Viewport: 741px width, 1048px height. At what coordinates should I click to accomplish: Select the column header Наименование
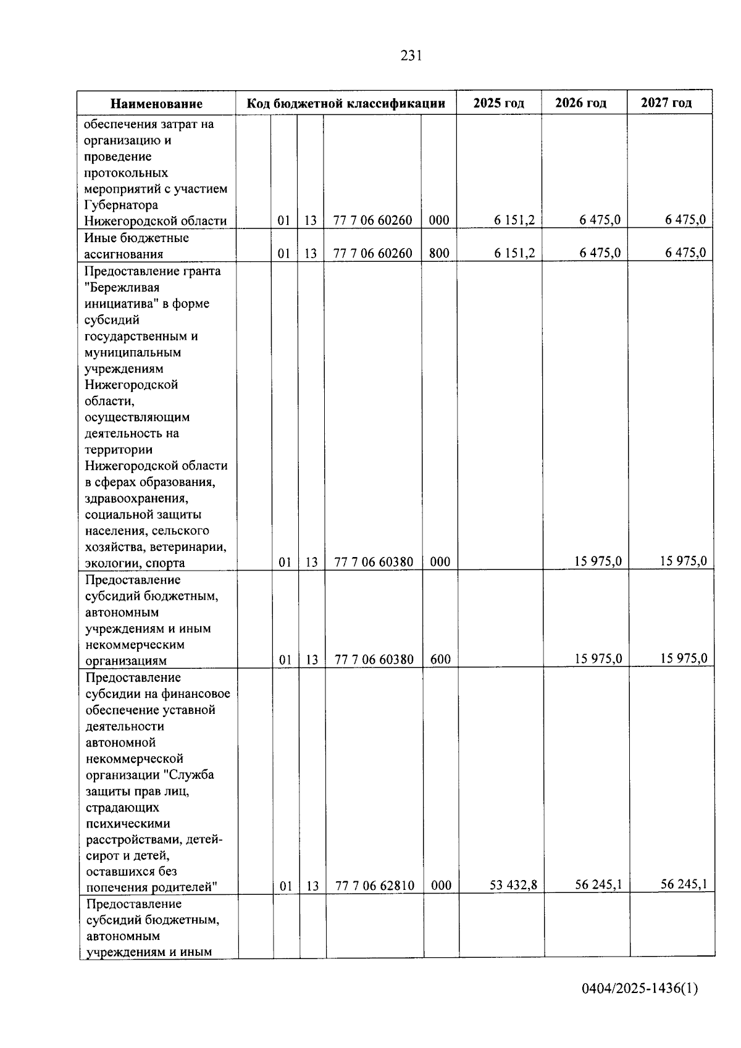(x=156, y=104)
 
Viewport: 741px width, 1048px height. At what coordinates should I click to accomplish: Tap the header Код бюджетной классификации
(x=346, y=103)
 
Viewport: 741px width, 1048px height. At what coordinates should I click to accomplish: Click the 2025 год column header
(x=498, y=103)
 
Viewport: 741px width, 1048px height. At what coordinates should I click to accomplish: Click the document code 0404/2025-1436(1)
(x=639, y=989)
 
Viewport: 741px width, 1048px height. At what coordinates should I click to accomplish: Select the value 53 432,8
(x=514, y=885)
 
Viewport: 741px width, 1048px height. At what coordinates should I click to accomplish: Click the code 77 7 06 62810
(x=375, y=886)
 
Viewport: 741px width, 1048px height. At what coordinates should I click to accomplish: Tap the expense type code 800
(x=439, y=253)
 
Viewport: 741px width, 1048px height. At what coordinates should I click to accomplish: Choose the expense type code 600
(x=440, y=660)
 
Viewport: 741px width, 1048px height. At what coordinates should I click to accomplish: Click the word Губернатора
(x=121, y=205)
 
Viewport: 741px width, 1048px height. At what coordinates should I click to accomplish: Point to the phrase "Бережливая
(x=122, y=287)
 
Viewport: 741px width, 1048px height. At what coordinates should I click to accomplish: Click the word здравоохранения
(x=136, y=498)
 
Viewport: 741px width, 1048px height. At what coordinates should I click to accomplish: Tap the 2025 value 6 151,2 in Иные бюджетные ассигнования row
(x=514, y=253)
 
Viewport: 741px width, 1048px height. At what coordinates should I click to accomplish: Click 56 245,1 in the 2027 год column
(x=684, y=884)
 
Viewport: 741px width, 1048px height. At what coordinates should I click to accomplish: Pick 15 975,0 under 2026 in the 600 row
(x=598, y=659)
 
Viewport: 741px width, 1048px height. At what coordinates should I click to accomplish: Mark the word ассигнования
(x=124, y=254)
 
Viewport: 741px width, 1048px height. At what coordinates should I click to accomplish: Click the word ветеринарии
(x=195, y=547)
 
